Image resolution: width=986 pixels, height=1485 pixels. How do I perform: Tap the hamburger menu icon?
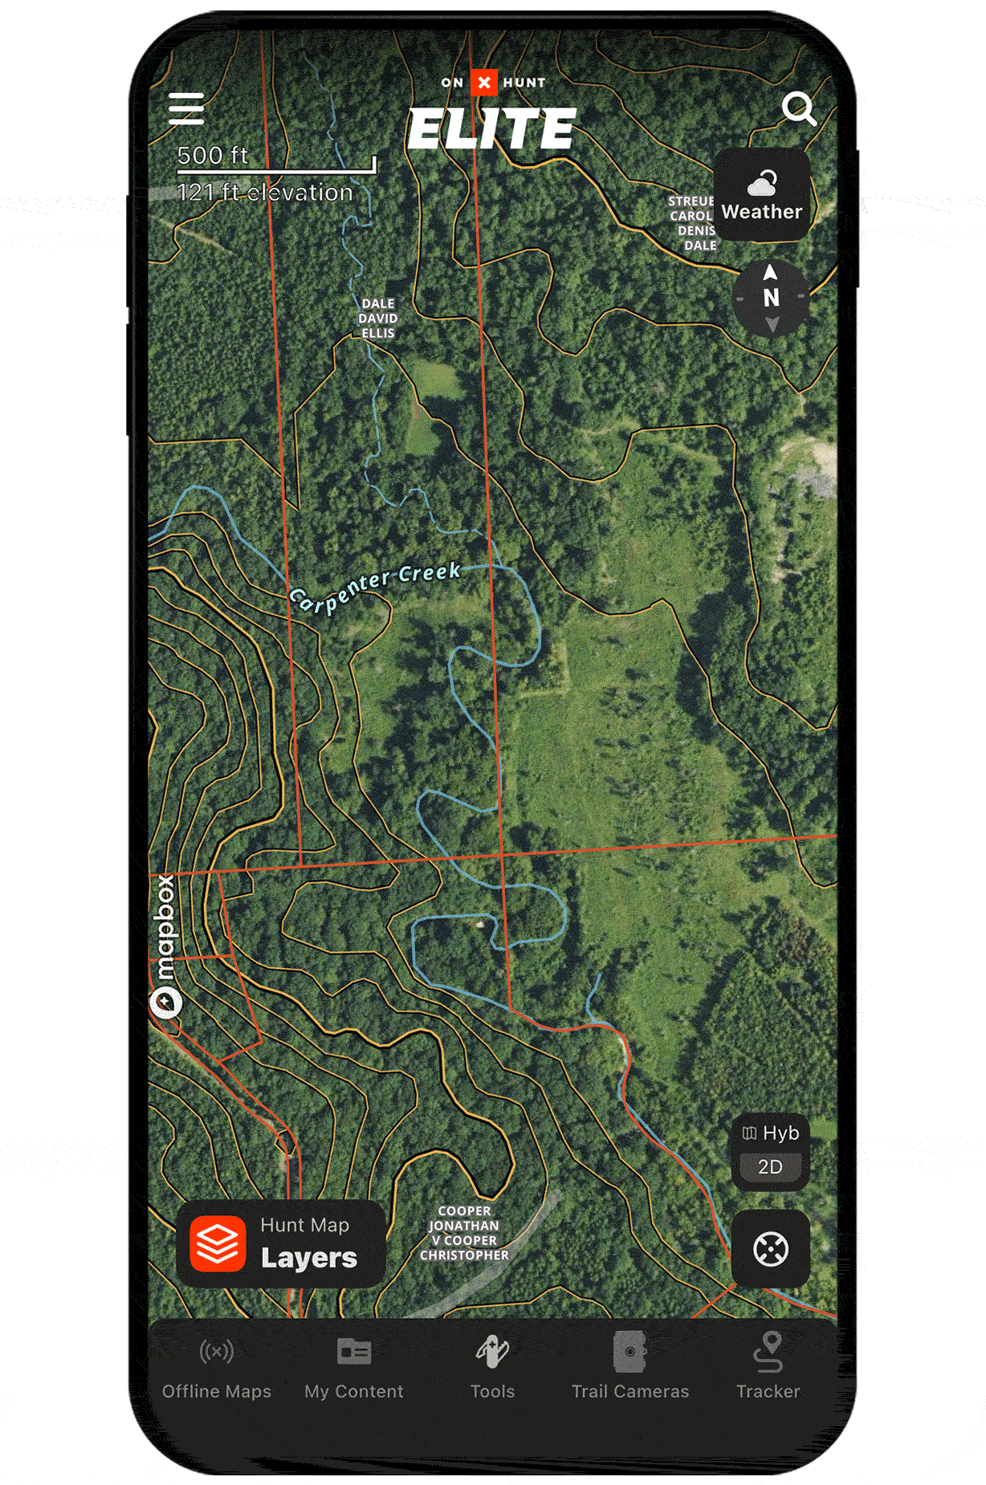[x=186, y=108]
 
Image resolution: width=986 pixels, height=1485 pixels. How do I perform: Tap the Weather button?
[x=761, y=196]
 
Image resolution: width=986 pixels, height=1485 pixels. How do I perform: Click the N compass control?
[x=771, y=298]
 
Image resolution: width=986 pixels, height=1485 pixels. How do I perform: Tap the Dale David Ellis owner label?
[x=378, y=319]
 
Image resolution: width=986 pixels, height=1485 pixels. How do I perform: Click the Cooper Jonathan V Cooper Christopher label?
[x=464, y=1233]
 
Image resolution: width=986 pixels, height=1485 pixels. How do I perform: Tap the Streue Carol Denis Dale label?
[x=692, y=223]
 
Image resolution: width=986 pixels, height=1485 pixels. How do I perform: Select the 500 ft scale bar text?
[x=213, y=155]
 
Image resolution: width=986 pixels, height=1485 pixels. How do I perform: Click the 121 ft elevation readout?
[x=265, y=193]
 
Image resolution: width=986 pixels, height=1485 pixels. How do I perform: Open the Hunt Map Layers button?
[x=281, y=1243]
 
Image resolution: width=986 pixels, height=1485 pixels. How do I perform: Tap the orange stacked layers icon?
[x=218, y=1243]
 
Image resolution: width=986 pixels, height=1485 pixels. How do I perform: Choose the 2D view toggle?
[x=770, y=1167]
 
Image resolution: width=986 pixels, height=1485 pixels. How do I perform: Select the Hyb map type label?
[x=771, y=1133]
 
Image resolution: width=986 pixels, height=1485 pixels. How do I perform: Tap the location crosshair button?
[x=770, y=1249]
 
